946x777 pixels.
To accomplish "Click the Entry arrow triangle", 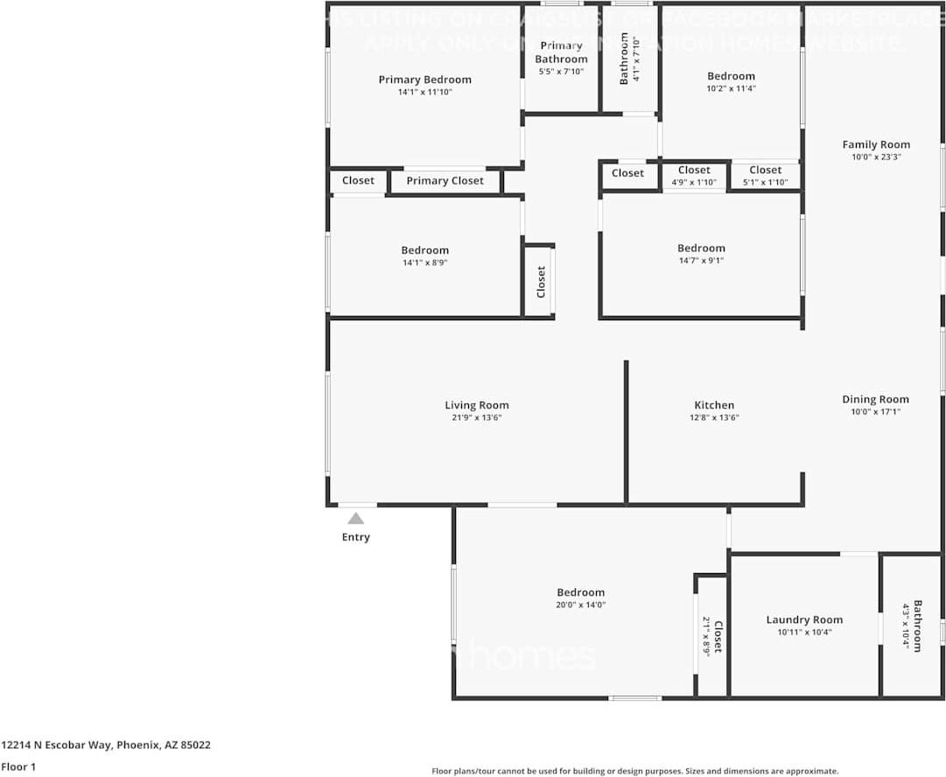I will coord(355,519).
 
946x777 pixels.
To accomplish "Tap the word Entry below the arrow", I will coord(355,537).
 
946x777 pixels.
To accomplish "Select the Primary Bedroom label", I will coord(424,80).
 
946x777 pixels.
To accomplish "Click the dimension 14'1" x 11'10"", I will coord(424,92).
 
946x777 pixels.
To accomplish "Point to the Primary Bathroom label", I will coord(561,52).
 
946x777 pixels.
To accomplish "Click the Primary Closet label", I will coord(445,181).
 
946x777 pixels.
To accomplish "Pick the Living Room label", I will coord(476,405).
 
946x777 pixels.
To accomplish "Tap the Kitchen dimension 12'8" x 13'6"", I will coord(714,418).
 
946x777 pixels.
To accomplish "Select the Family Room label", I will coord(875,145).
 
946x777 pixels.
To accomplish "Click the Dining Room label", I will coord(875,399).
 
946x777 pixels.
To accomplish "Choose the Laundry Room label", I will coord(804,619).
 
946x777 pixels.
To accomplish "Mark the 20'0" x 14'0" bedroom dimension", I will coord(580,605).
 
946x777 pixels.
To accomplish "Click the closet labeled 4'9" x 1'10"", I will coord(694,176).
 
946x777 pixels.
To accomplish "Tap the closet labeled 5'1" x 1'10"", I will coord(765,176).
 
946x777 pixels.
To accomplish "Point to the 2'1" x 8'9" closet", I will coord(711,636).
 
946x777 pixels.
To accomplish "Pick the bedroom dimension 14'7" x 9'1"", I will coord(701,261).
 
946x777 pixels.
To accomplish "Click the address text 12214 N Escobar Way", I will coord(58,745).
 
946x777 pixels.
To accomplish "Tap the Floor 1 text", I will coord(18,767).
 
